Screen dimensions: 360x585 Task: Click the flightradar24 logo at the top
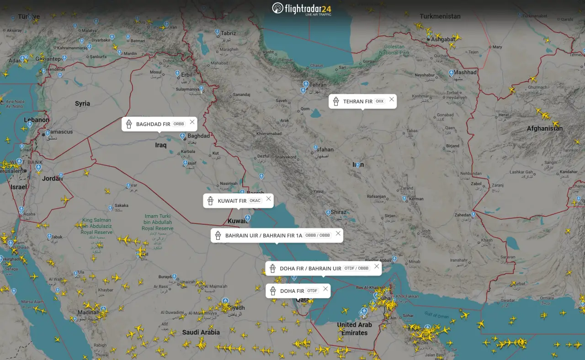302,9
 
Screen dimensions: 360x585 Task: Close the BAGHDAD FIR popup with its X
192,122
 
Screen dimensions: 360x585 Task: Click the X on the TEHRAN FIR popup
392,99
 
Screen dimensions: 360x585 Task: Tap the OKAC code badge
255,201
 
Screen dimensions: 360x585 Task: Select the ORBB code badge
179,124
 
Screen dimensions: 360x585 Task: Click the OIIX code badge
380,101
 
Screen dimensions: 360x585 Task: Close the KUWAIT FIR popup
269,199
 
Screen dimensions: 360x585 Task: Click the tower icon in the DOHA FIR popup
273,291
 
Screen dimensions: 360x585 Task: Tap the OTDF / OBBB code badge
357,269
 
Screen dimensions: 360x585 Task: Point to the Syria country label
82,104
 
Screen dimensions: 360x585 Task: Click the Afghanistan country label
545,128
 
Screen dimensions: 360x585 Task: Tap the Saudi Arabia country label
201,332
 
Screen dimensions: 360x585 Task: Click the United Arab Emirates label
354,328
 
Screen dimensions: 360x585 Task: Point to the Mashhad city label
465,72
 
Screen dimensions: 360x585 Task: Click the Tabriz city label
228,33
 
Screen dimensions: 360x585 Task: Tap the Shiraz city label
339,212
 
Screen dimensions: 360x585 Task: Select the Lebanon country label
37,120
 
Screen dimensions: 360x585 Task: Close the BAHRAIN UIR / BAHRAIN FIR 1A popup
338,233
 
